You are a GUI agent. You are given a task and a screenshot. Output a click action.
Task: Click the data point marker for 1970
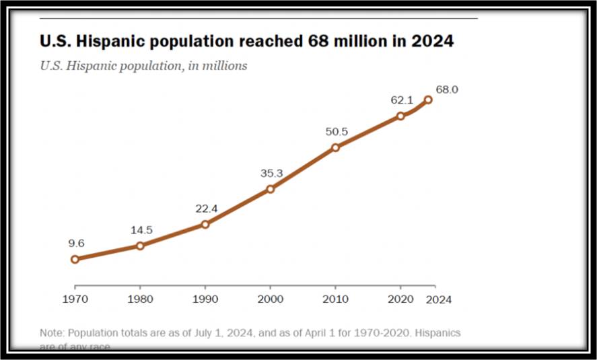(x=75, y=259)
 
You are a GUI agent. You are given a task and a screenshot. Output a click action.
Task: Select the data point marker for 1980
(x=140, y=246)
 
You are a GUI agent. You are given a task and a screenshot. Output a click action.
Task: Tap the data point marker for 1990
(x=205, y=224)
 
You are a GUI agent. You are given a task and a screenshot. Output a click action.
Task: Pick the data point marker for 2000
(x=271, y=189)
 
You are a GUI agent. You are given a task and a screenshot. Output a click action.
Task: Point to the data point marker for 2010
(x=336, y=147)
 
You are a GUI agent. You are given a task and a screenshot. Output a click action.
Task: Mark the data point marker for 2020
(x=400, y=116)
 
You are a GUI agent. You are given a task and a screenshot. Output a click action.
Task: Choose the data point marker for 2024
(x=427, y=100)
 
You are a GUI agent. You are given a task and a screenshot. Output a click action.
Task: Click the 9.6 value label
(x=75, y=244)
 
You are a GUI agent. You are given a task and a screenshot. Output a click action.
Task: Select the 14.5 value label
(x=141, y=230)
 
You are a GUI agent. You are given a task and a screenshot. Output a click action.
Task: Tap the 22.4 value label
(x=207, y=209)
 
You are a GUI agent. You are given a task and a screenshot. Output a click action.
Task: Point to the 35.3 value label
(x=271, y=174)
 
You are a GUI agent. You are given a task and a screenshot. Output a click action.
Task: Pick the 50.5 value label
(x=337, y=132)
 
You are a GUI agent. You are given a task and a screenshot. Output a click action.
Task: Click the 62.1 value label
(x=401, y=100)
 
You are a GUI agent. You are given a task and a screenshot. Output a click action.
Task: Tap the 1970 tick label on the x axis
(x=75, y=299)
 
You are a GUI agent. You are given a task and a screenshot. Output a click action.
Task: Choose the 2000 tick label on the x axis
(x=271, y=299)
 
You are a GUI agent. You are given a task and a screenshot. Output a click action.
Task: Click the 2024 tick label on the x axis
(x=439, y=299)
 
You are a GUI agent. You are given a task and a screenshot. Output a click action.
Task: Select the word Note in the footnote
(x=51, y=333)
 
